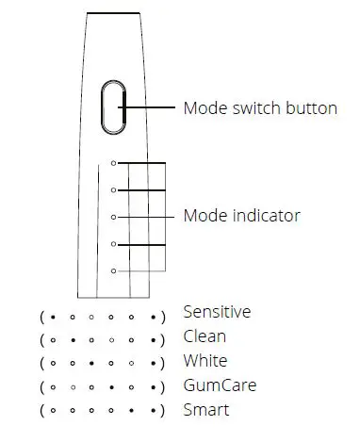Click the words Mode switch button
[x=260, y=107]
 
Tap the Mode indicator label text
[x=242, y=216]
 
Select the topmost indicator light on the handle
[x=114, y=162]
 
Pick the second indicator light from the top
[x=114, y=189]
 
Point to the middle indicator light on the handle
[x=114, y=217]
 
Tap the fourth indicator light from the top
[x=114, y=244]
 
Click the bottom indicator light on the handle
[x=114, y=271]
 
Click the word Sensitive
[x=217, y=312]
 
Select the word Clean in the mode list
[x=205, y=336]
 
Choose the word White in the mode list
[x=205, y=361]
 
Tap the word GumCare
[x=220, y=385]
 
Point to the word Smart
[x=206, y=410]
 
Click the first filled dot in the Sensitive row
[x=53, y=314]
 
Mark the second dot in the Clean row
[x=73, y=338]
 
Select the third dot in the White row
[x=92, y=363]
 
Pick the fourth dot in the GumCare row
[x=112, y=387]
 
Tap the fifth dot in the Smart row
[x=132, y=412]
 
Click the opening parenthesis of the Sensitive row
[x=42, y=314]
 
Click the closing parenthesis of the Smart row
[x=163, y=412]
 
